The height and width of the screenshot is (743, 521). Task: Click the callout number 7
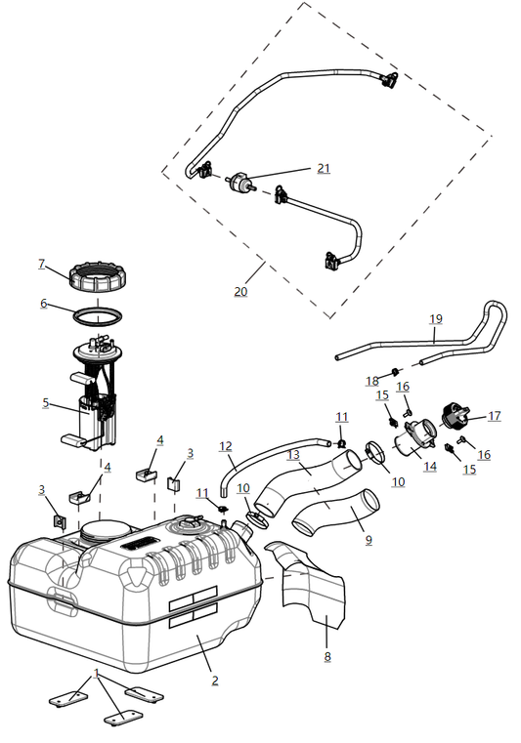tap(42, 264)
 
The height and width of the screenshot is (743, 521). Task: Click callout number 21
tap(324, 168)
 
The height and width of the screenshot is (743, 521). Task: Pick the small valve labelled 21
tap(240, 185)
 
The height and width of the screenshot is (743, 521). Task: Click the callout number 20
tap(240, 291)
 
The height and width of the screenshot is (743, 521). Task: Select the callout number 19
tap(436, 318)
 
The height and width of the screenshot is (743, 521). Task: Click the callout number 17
tap(495, 416)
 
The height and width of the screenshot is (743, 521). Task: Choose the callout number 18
tap(372, 380)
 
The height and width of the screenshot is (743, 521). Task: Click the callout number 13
tap(293, 455)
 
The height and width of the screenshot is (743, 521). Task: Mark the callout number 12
tap(226, 446)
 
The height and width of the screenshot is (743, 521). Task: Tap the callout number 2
tap(215, 680)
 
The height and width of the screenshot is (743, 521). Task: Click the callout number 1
tap(97, 674)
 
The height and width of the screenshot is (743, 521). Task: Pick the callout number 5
tap(45, 401)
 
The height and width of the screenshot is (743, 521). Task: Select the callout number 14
tap(430, 467)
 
